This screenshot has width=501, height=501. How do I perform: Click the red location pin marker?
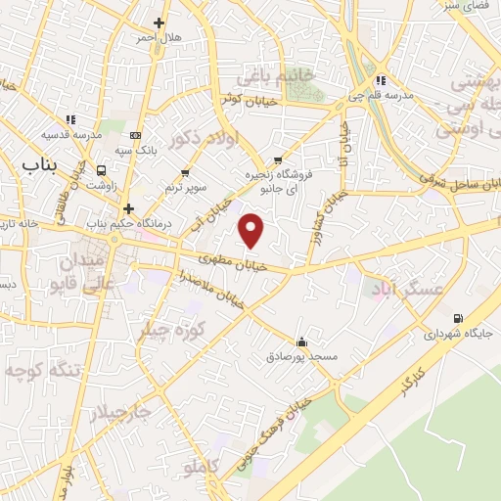pyautogui.click(x=252, y=230)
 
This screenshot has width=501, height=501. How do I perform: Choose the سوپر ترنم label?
pyautogui.click(x=183, y=185)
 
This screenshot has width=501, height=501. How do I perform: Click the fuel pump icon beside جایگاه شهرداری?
pyautogui.click(x=459, y=318)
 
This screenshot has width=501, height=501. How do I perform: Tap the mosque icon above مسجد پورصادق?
pyautogui.click(x=301, y=342)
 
